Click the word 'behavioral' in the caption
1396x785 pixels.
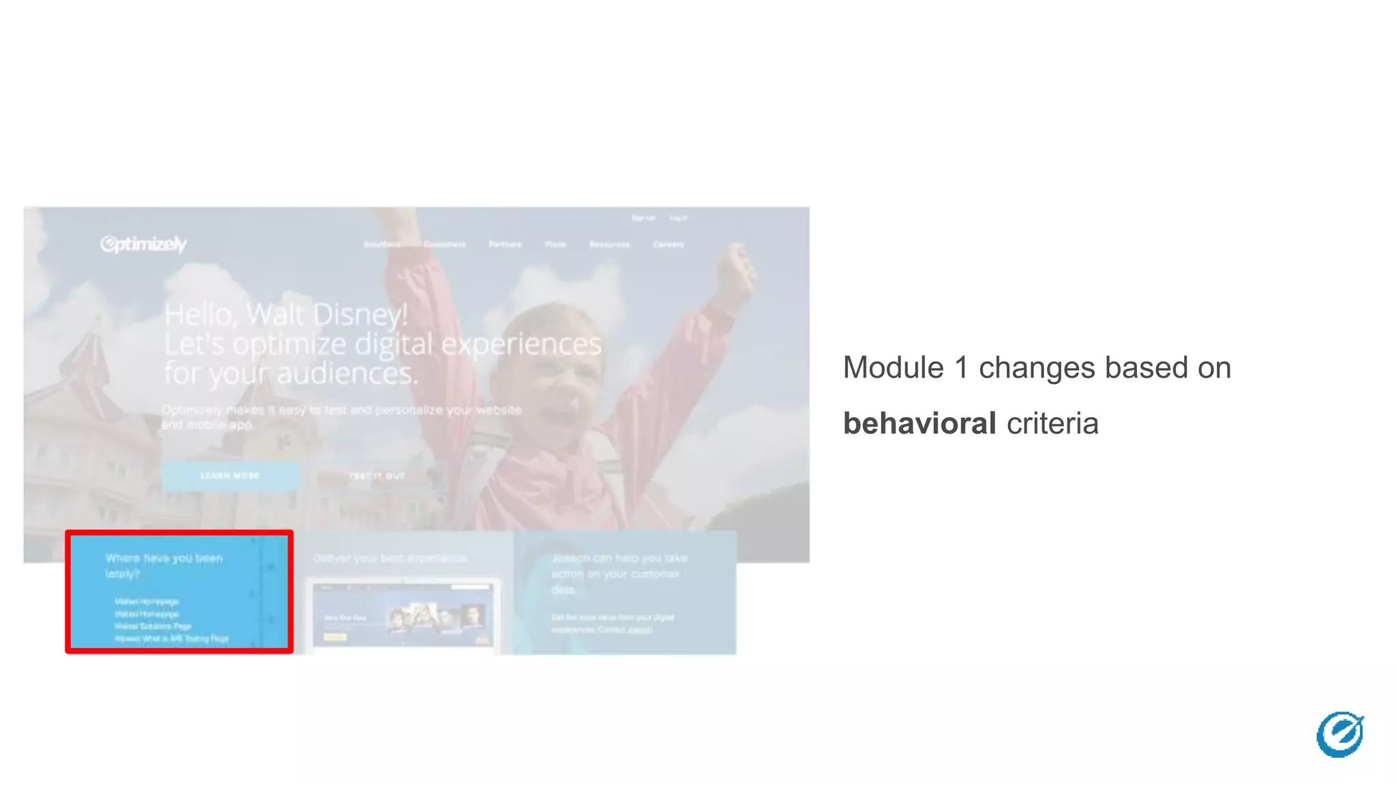[920, 424]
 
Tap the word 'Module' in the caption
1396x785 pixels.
[893, 368]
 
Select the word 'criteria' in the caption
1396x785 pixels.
[1052, 424]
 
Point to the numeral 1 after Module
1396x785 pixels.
[961, 368]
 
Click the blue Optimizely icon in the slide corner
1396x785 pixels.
[1339, 734]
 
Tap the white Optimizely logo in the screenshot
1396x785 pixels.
[143, 244]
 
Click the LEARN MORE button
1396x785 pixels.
[230, 476]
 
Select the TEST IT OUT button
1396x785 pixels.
[377, 476]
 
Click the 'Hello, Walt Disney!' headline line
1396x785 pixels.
[286, 315]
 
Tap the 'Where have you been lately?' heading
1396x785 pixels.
[164, 566]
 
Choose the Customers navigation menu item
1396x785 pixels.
[444, 244]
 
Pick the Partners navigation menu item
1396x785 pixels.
[505, 244]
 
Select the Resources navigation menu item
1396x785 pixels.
[609, 244]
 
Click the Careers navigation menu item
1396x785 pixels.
[668, 244]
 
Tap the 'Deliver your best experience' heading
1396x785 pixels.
[390, 558]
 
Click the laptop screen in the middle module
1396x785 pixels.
[402, 615]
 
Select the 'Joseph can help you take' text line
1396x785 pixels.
[619, 558]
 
